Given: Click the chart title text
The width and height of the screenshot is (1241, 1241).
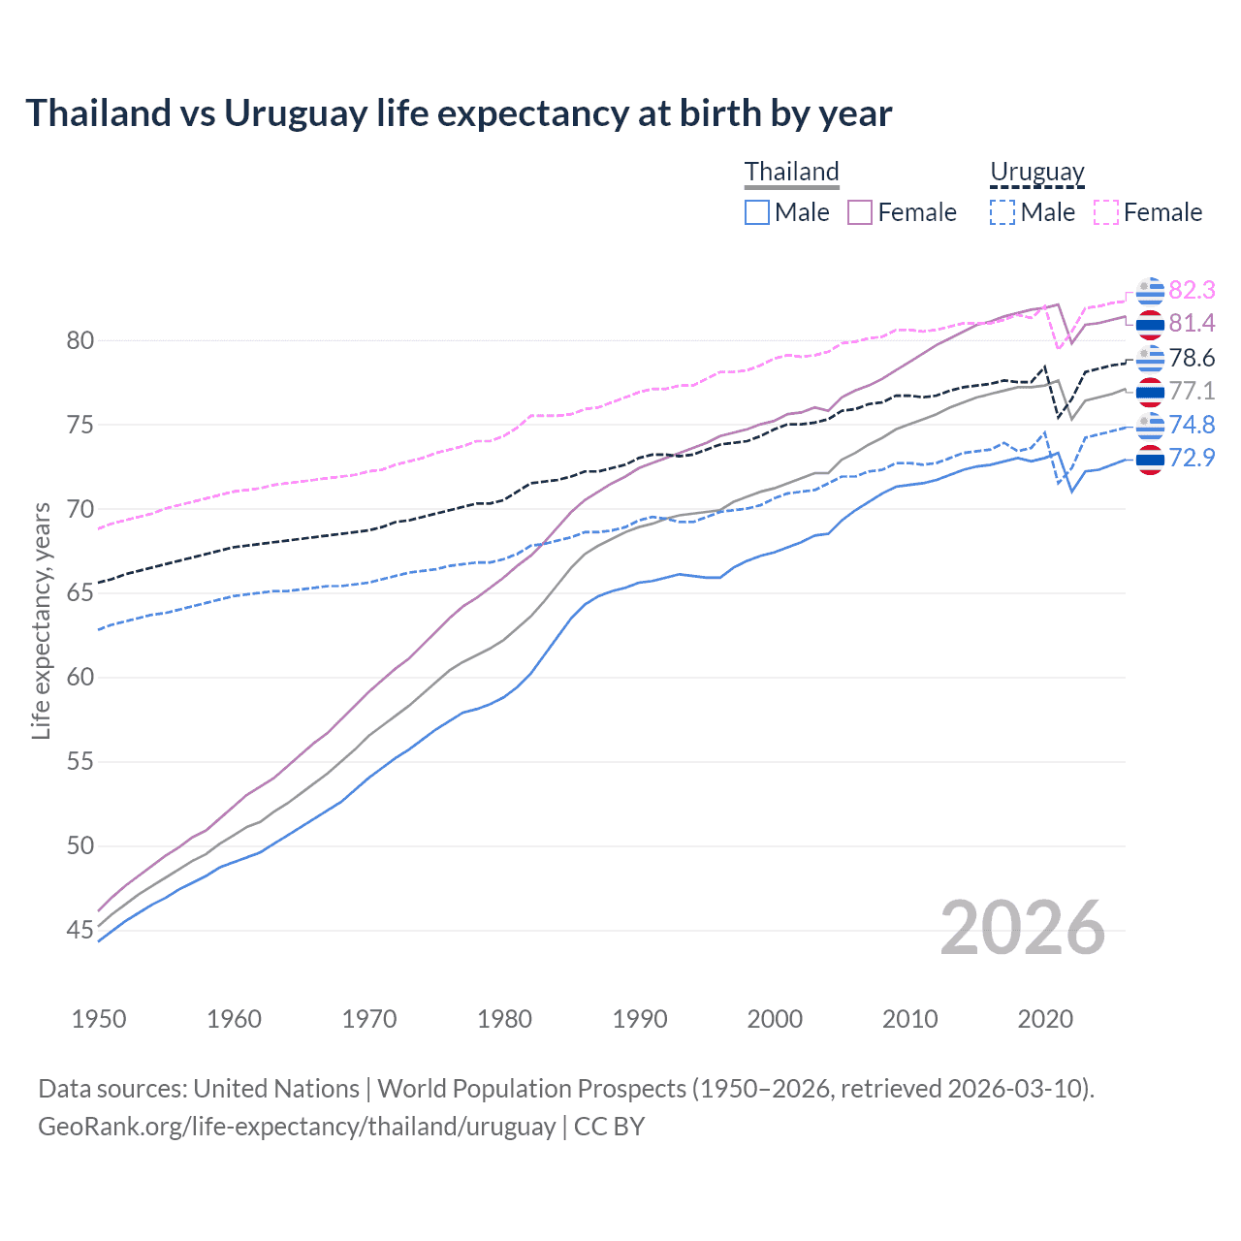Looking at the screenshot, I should click(x=458, y=113).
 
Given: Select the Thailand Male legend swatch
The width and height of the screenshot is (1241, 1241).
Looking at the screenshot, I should click(x=757, y=212).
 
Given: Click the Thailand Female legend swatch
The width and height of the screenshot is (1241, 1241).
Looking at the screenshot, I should click(x=860, y=212).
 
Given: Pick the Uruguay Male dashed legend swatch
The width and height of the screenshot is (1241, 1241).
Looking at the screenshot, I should click(x=1002, y=212).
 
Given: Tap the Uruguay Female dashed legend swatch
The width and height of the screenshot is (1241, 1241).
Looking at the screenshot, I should click(x=1106, y=212).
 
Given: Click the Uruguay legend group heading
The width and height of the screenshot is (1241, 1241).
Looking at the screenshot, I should click(x=1036, y=173).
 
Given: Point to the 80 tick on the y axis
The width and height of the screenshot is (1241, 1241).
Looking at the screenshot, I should click(x=80, y=340).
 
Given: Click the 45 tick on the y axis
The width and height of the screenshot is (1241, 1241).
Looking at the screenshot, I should click(x=80, y=930).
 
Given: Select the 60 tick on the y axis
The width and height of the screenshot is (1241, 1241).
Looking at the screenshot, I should click(x=80, y=677).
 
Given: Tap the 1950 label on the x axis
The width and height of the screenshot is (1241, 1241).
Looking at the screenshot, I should click(x=99, y=1019).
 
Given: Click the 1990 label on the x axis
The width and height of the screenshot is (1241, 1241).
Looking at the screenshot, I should click(x=640, y=1019).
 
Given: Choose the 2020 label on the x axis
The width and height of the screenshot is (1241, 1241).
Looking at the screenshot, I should click(x=1045, y=1019).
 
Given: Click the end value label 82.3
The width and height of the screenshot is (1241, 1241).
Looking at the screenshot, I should click(x=1192, y=290).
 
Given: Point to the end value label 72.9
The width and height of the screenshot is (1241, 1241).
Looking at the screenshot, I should click(x=1192, y=458).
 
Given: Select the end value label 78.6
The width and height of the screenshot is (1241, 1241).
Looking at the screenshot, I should click(x=1192, y=358).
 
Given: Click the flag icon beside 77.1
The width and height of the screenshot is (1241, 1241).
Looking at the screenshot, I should click(x=1150, y=391).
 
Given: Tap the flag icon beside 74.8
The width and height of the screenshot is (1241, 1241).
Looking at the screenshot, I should click(x=1150, y=425).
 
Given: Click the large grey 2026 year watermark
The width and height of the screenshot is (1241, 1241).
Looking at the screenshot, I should click(x=1022, y=928).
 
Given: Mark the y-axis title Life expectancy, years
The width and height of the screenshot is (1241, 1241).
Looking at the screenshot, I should click(x=41, y=620).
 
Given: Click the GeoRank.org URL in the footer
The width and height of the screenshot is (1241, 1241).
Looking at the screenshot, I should click(x=297, y=1127).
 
